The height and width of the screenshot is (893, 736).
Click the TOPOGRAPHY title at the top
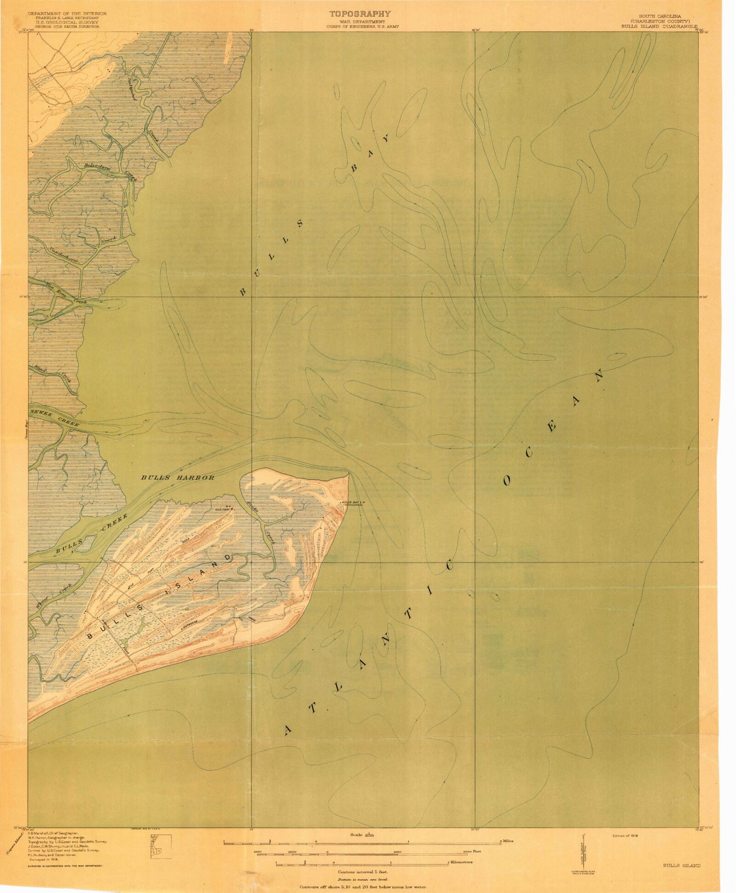coord(360,14)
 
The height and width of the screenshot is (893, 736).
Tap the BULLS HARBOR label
coord(178,478)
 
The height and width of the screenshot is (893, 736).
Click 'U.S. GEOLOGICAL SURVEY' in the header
coord(64,22)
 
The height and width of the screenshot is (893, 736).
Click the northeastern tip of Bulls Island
coord(348,474)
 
